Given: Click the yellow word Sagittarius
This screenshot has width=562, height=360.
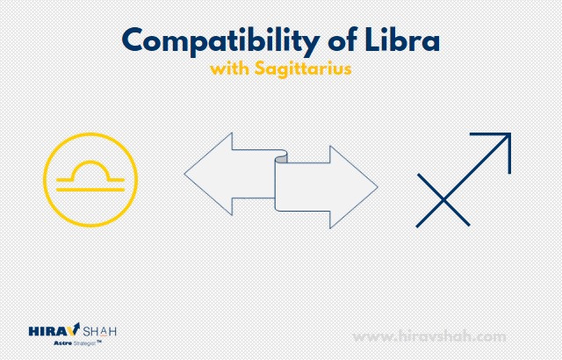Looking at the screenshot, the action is click(x=303, y=68).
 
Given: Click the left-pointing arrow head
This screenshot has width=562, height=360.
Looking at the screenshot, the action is click(x=208, y=174).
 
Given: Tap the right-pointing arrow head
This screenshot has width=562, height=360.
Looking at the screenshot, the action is click(x=353, y=187).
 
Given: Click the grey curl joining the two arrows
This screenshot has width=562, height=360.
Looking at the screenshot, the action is click(x=281, y=158).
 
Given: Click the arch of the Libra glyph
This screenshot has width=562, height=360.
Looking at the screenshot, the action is click(x=90, y=162).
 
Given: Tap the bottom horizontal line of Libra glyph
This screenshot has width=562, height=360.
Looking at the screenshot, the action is click(x=90, y=189).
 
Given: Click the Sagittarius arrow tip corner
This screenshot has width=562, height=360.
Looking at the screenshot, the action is click(x=510, y=133).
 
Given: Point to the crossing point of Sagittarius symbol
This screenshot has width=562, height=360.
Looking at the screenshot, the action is click(x=443, y=200).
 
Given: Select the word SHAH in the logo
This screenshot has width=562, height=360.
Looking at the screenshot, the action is click(x=99, y=331).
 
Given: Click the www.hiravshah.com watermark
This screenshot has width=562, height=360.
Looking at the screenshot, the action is click(x=429, y=336).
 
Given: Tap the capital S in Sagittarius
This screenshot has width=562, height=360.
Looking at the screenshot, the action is click(x=259, y=68).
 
